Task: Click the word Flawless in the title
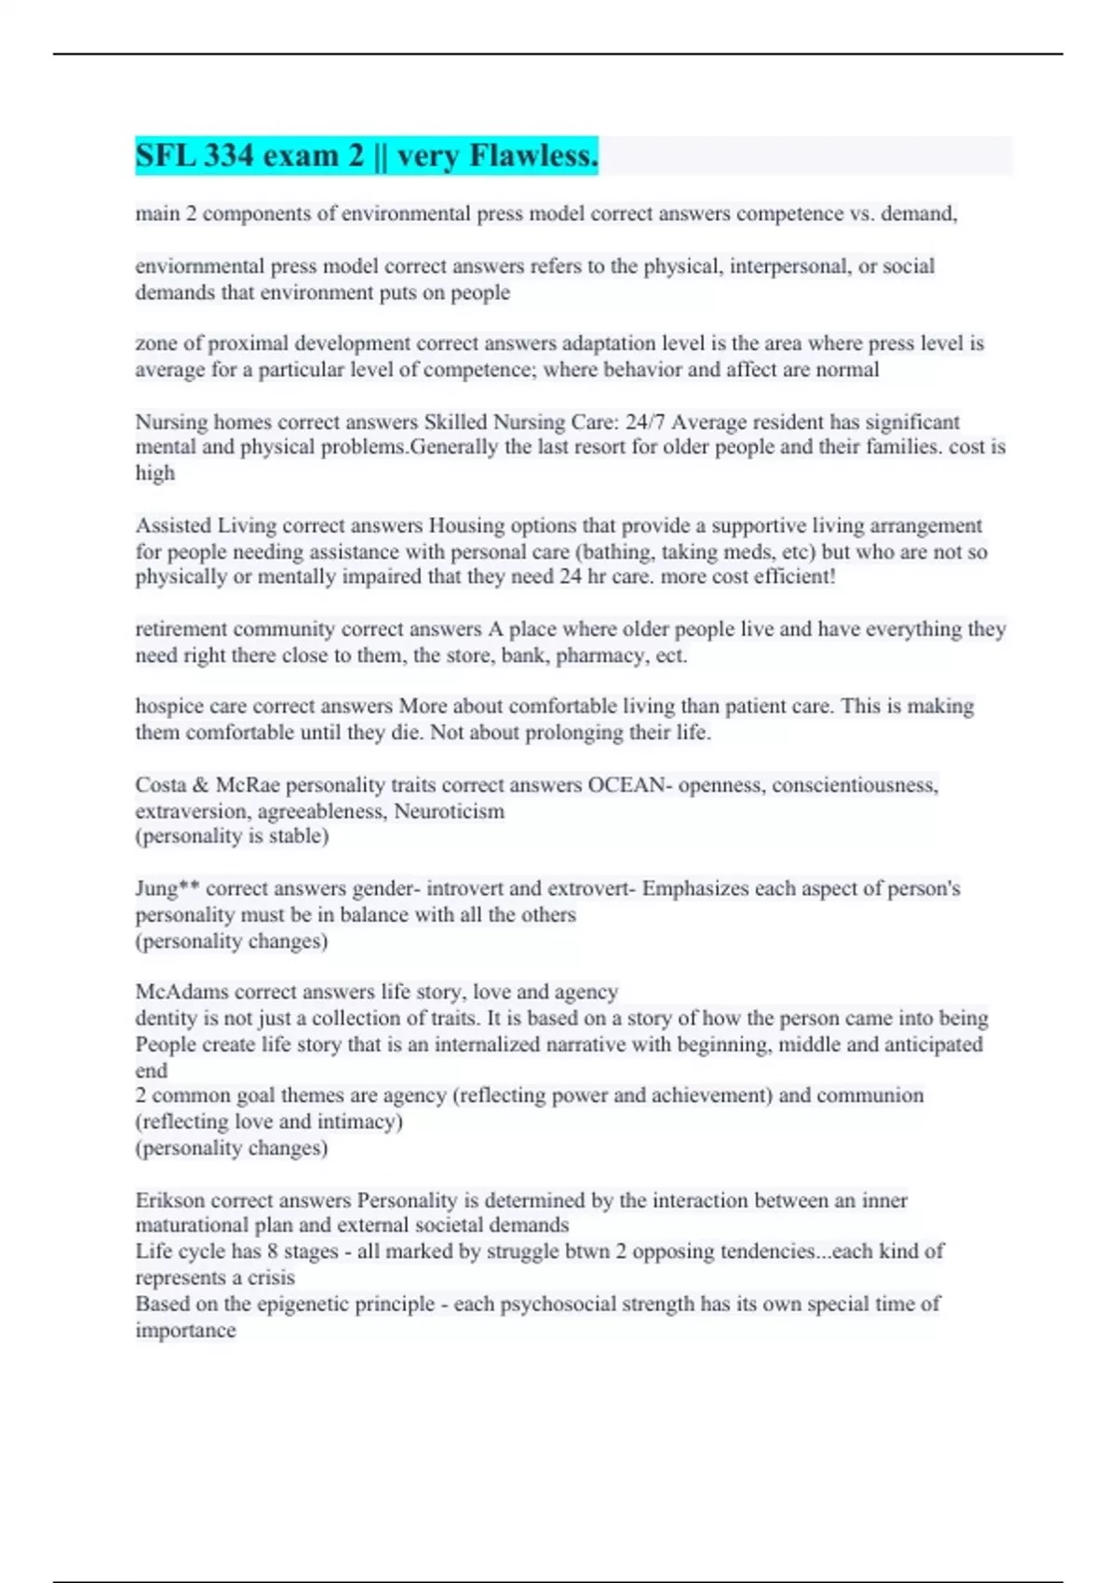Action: pos(533,156)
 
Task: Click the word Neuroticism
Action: pos(450,811)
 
